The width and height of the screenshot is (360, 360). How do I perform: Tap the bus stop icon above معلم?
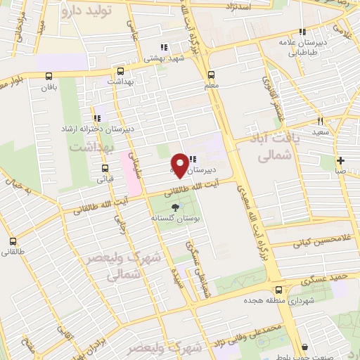coord(210,75)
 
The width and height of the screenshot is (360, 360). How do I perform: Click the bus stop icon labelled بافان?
coord(48,76)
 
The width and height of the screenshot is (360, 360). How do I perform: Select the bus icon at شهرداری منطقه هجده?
coord(279,289)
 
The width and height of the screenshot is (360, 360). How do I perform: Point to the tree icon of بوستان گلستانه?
coord(174,207)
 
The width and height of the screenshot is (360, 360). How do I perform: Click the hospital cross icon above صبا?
coord(340,159)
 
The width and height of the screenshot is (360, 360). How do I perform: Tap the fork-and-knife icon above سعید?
coord(321,120)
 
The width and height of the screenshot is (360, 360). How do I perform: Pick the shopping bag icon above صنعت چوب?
coord(304,346)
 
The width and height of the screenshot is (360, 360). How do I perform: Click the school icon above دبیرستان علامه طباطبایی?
coord(302,32)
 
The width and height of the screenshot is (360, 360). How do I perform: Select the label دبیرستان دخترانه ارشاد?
coord(96,130)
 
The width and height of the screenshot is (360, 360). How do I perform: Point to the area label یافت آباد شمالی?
coord(265,150)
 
